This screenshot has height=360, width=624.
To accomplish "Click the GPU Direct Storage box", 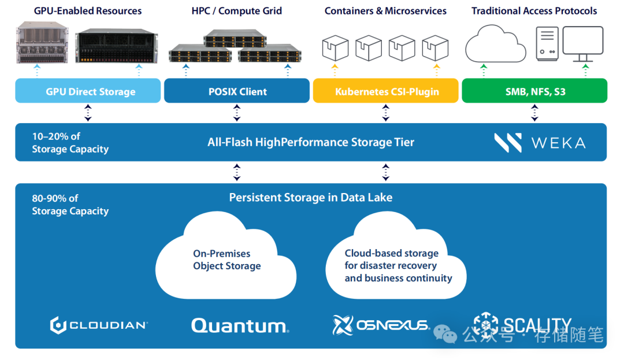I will [x=88, y=91].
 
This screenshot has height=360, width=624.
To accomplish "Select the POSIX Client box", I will [x=237, y=91].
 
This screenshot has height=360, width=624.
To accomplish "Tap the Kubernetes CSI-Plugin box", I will [x=386, y=91].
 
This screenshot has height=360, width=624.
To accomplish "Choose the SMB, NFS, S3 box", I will [x=534, y=91].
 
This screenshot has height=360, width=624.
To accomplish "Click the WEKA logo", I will [x=540, y=143].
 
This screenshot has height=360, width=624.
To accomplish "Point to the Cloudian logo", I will [x=99, y=325].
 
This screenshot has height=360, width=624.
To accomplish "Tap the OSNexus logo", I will [x=381, y=325].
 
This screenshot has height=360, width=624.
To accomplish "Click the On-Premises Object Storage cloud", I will [x=226, y=260].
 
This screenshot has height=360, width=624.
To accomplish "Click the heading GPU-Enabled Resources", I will [x=88, y=11].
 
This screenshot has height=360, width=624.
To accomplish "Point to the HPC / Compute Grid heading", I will [x=237, y=11].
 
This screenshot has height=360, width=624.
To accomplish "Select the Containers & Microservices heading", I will [x=385, y=11].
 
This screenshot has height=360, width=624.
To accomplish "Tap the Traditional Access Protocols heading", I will [x=534, y=11].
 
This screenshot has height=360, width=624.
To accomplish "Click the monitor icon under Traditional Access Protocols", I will [x=582, y=44].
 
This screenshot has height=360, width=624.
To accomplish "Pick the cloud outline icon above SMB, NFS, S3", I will [x=496, y=44].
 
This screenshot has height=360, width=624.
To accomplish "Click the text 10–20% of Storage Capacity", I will [x=70, y=143].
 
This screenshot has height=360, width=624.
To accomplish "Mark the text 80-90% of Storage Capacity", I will [x=70, y=205].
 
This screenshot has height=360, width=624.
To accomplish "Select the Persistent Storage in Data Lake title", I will [x=311, y=198].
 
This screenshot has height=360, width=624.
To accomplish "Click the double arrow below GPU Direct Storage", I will [x=88, y=113].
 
